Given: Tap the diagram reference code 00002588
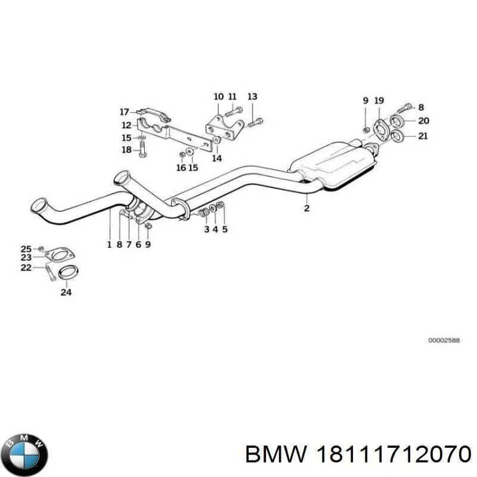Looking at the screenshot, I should pyautogui.click(x=444, y=340).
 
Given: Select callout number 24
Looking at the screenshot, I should pyautogui.click(x=66, y=292).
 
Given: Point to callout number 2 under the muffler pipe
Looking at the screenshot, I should pyautogui.click(x=306, y=208).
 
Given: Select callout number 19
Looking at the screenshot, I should pyautogui.click(x=379, y=101).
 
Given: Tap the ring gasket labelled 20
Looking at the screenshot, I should pyautogui.click(x=399, y=122).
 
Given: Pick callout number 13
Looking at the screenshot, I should pyautogui.click(x=252, y=97).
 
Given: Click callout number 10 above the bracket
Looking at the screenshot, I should pyautogui.click(x=218, y=97).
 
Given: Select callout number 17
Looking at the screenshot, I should pyautogui.click(x=124, y=111).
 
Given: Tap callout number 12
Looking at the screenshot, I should pyautogui.click(x=126, y=125).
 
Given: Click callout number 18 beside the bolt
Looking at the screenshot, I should pyautogui.click(x=126, y=150).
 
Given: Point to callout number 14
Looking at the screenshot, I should pyautogui.click(x=216, y=159).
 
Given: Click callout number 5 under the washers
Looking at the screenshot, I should pyautogui.click(x=225, y=228).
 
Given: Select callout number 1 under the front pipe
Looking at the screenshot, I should pyautogui.click(x=109, y=244).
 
